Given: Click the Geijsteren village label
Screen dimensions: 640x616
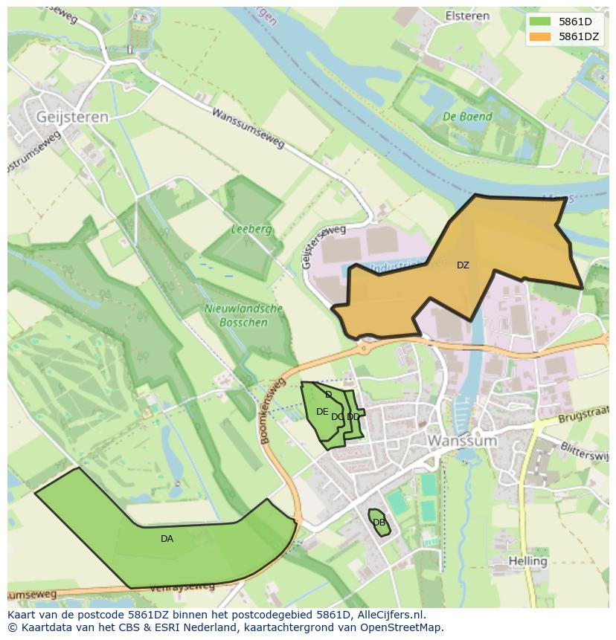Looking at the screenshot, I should pyautogui.click(x=71, y=117).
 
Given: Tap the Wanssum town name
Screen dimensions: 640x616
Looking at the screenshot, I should pyautogui.click(x=461, y=441).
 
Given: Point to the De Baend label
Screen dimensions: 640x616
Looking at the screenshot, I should pyautogui.click(x=467, y=117).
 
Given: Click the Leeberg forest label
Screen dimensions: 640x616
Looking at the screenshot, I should pyautogui.click(x=251, y=230).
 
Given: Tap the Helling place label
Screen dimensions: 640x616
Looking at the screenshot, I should pyautogui.click(x=528, y=560).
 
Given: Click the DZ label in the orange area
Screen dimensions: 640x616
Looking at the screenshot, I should pyautogui.click(x=463, y=265).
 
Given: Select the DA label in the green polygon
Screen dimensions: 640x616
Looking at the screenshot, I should pyautogui.click(x=167, y=539).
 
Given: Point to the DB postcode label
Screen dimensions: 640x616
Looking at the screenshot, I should pyautogui.click(x=379, y=523).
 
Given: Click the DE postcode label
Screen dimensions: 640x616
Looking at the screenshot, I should pyautogui.click(x=321, y=412).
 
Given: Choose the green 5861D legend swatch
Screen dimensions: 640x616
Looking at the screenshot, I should pyautogui.click(x=540, y=22).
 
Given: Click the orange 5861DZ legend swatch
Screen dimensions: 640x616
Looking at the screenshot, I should pyautogui.click(x=540, y=36).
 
